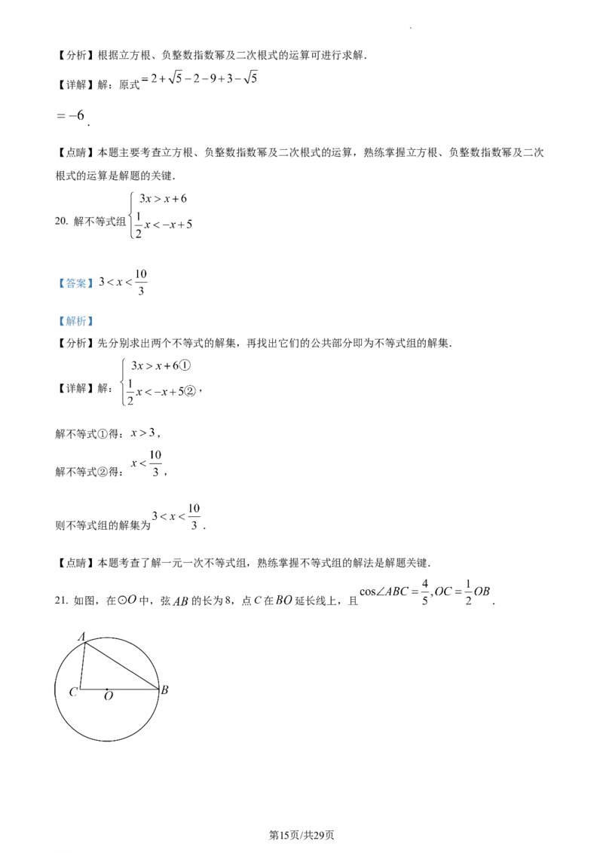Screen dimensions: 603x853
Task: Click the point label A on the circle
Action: (x=82, y=636)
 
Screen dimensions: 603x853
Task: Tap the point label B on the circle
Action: (x=164, y=689)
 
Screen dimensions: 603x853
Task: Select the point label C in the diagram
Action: (x=73, y=692)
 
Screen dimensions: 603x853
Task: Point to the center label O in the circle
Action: (x=109, y=696)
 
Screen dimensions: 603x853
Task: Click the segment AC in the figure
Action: (x=82, y=665)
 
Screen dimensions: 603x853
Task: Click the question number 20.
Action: (x=61, y=221)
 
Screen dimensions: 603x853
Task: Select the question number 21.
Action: (x=61, y=601)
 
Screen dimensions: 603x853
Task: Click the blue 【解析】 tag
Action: (x=75, y=321)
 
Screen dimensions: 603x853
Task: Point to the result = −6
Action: (x=71, y=115)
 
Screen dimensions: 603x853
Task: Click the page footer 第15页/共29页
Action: (x=301, y=835)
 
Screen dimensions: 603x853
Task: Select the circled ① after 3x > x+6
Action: (x=185, y=365)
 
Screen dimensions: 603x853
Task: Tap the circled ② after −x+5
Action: (x=190, y=391)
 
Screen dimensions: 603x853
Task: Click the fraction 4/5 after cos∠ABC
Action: (x=425, y=592)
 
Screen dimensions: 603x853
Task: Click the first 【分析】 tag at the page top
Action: (x=75, y=55)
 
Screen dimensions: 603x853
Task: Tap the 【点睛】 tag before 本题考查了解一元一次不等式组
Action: (x=75, y=563)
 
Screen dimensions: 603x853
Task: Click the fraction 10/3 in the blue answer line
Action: (x=141, y=282)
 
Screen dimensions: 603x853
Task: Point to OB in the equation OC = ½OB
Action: (x=482, y=592)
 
